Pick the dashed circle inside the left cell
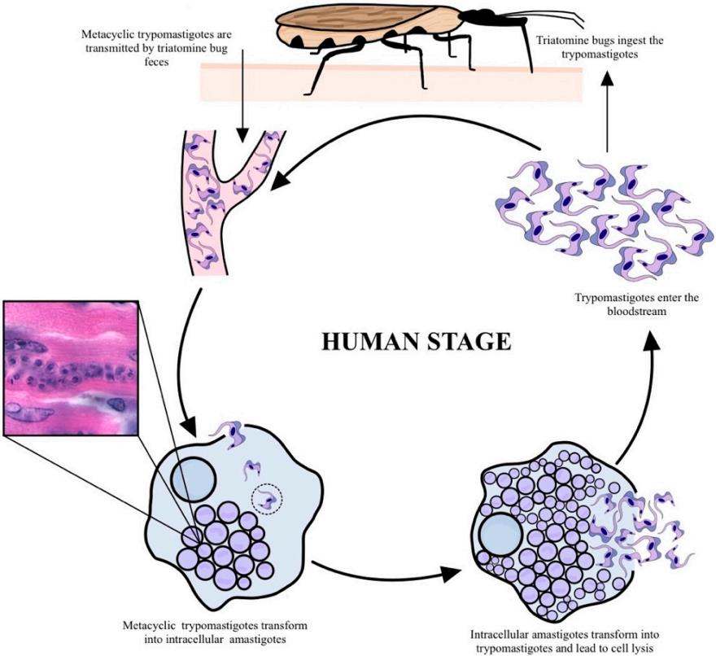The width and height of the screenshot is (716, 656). point(266,499)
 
